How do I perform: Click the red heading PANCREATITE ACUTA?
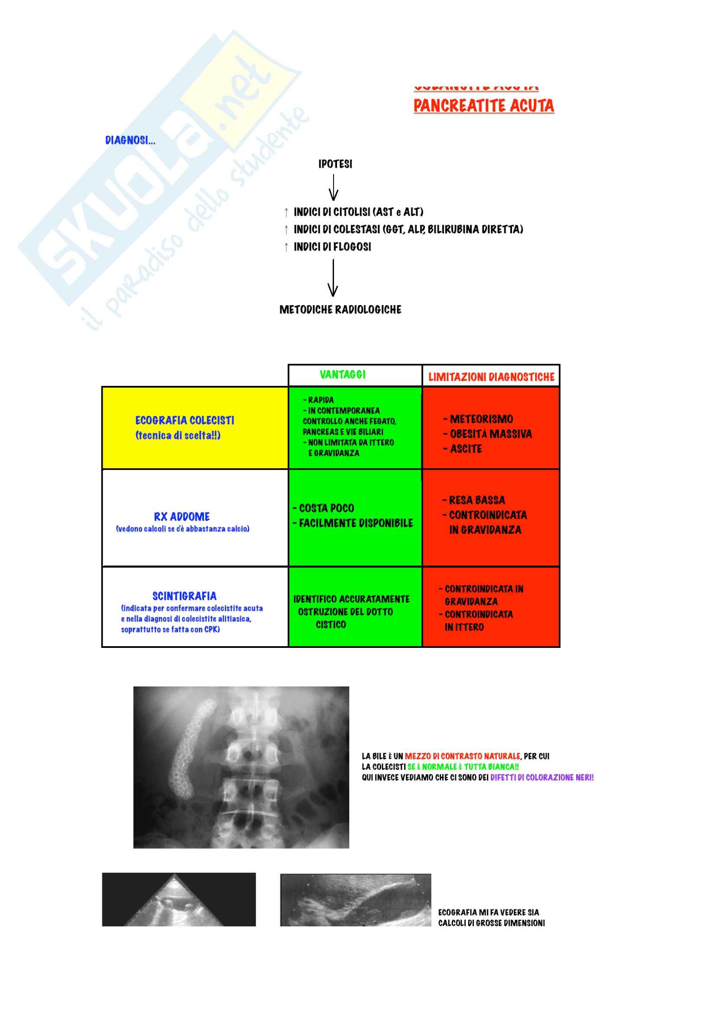pos(483,106)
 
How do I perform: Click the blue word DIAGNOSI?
pos(130,140)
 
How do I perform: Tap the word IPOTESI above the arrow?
pos(335,164)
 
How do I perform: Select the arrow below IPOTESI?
pos(334,188)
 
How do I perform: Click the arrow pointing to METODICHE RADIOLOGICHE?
pos(333,278)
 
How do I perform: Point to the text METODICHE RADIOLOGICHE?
pos(340,310)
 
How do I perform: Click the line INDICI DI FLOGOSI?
pos(332,247)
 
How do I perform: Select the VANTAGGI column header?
pos(342,375)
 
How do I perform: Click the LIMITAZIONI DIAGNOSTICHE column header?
pos(491,377)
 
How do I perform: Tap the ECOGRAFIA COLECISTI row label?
pos(185,421)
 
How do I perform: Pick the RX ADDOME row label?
pos(182,517)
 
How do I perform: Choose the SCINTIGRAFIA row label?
pos(185,596)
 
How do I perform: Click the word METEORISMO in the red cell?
pos(481,419)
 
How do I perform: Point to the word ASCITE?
pos(466,449)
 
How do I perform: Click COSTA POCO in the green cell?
pos(326,508)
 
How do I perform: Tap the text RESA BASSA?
pos(476,500)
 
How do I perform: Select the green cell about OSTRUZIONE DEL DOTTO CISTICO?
pos(352,612)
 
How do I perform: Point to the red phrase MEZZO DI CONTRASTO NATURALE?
pos(462,756)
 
